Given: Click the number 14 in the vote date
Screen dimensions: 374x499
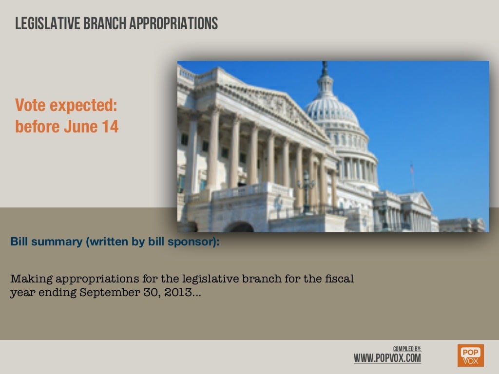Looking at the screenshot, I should [x=110, y=127].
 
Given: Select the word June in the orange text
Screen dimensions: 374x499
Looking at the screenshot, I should [x=81, y=127].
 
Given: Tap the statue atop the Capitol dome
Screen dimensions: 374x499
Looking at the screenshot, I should [x=325, y=68].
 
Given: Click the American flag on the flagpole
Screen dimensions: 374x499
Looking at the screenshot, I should [x=412, y=168].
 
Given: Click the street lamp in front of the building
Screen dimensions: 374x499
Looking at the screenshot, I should [x=307, y=187].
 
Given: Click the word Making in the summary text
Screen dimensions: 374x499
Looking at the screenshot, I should [x=31, y=279].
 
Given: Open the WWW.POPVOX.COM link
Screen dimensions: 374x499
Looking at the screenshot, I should [x=387, y=358].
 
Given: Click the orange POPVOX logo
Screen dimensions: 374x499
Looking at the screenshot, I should [x=470, y=355].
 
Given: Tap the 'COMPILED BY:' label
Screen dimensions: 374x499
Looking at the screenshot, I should [x=407, y=349].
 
